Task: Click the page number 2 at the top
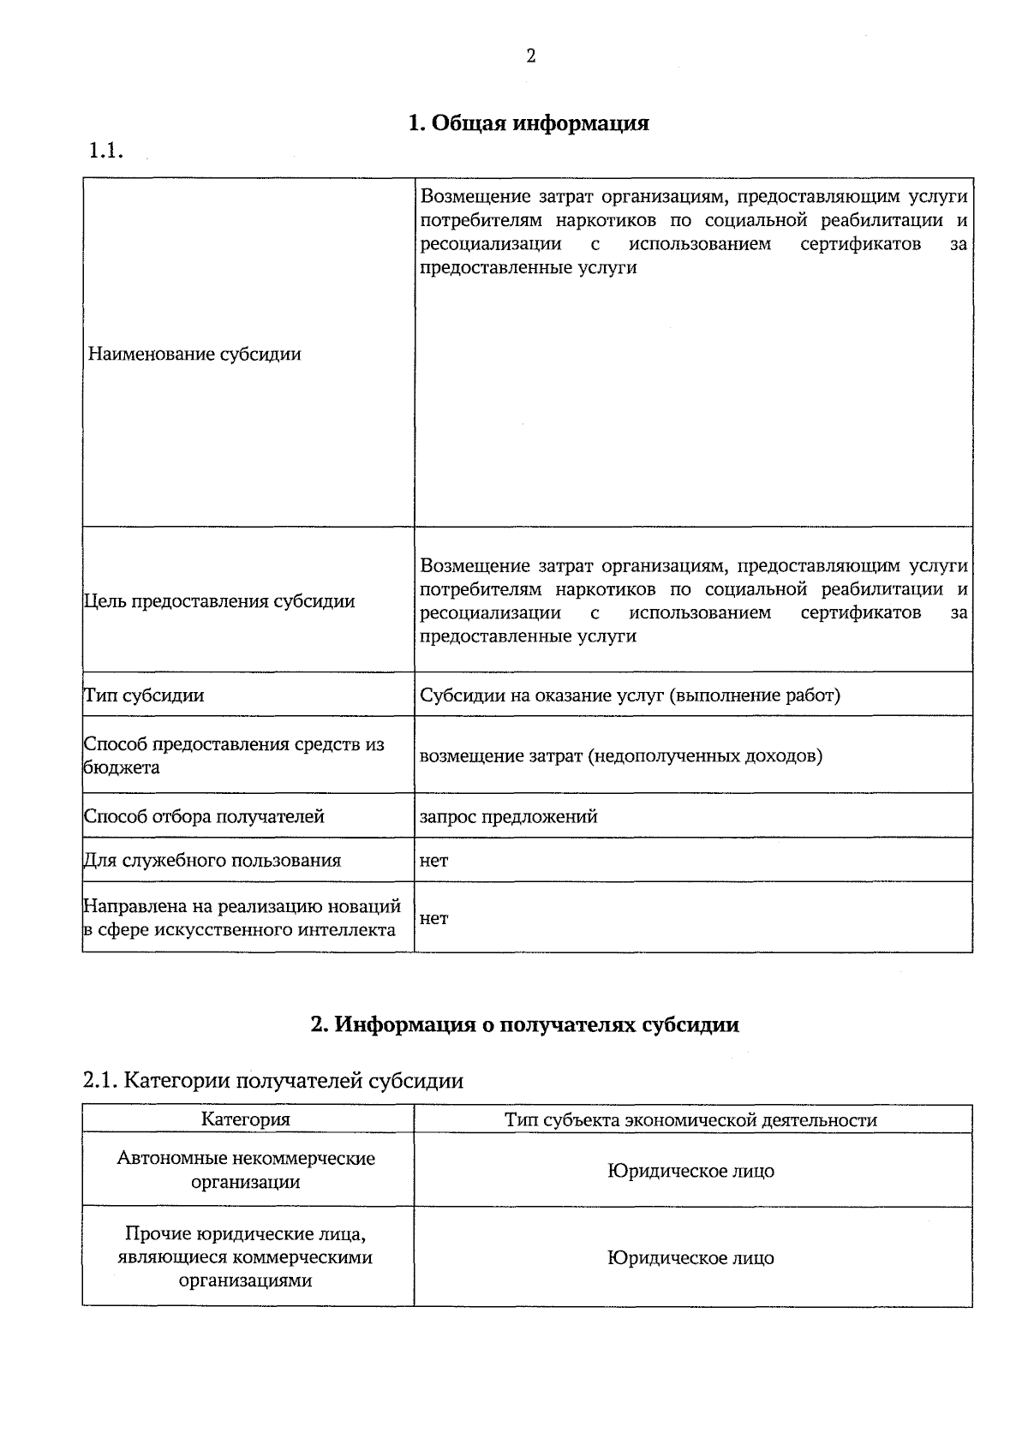pos(530,57)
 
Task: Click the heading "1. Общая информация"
pos(529,123)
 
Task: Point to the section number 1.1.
pos(107,152)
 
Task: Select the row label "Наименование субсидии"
pos(194,354)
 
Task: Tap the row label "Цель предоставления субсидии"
pos(219,601)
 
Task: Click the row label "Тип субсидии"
pos(144,695)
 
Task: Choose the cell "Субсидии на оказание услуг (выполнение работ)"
pos(630,695)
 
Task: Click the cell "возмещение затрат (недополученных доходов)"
pos(621,756)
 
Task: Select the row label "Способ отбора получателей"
pos(204,816)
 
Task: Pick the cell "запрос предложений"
pos(508,816)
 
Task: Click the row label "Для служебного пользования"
pos(212,860)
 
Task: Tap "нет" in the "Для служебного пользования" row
pos(433,860)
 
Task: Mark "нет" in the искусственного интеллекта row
pos(433,918)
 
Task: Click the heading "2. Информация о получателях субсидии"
pos(524,1024)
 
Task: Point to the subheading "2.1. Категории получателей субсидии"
pos(273,1081)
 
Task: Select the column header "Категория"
pos(246,1119)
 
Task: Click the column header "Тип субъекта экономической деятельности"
pos(690,1120)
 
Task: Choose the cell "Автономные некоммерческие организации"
pos(246,1170)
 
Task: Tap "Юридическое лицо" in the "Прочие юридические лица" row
pos(690,1258)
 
